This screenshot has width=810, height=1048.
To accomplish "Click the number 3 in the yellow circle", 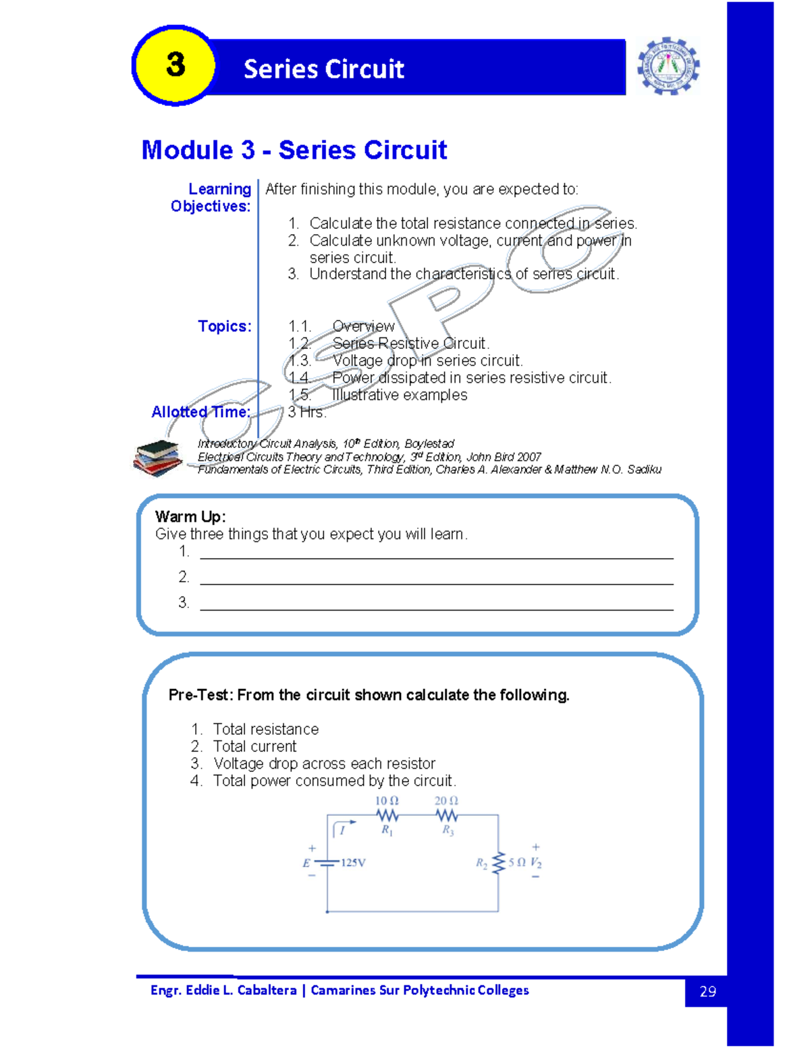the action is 175,65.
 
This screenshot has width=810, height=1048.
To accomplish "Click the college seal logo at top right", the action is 668,66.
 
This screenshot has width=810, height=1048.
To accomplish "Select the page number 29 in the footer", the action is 707,991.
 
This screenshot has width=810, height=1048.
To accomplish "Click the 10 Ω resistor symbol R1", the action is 387,815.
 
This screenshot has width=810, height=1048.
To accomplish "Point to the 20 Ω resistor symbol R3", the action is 447,815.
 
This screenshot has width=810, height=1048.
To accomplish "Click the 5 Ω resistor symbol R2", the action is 499,862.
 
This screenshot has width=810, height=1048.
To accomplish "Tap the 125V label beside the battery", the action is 353,862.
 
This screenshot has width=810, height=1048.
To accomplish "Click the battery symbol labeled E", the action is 327,862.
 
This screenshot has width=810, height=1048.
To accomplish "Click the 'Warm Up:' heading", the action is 190,517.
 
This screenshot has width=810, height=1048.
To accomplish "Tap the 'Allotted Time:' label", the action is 201,412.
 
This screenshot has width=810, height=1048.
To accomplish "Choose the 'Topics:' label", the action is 225,327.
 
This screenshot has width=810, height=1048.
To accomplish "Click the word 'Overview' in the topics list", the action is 363,327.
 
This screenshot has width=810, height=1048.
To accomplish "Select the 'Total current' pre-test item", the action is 254,746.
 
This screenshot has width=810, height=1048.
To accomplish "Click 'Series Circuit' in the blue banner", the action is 324,69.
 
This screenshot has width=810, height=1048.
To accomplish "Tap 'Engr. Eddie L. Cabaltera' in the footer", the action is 223,990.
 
